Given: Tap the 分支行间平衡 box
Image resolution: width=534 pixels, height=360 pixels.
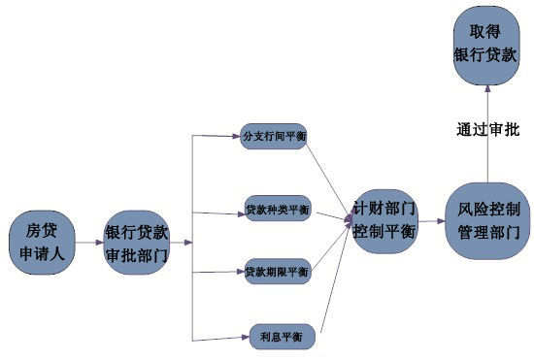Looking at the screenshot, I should point(275,137).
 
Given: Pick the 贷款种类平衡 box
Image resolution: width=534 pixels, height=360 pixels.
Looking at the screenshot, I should point(277,210).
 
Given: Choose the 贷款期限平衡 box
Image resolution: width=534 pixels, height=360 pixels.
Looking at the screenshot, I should point(277,273).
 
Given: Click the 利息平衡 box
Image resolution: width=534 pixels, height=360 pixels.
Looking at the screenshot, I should point(282,337).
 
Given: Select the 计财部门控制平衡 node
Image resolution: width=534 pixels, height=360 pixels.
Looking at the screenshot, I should point(384,221).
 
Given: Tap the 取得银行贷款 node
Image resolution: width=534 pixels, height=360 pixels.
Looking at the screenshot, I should point(487,45).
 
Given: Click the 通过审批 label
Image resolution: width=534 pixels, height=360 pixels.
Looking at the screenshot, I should point(487,128).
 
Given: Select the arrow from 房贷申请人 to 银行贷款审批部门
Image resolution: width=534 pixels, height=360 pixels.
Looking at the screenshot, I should point(88,243).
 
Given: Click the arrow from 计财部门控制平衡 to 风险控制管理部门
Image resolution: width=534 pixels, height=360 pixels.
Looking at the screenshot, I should point(432,221).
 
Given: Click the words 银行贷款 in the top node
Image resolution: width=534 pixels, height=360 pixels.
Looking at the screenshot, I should point(487,55).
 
